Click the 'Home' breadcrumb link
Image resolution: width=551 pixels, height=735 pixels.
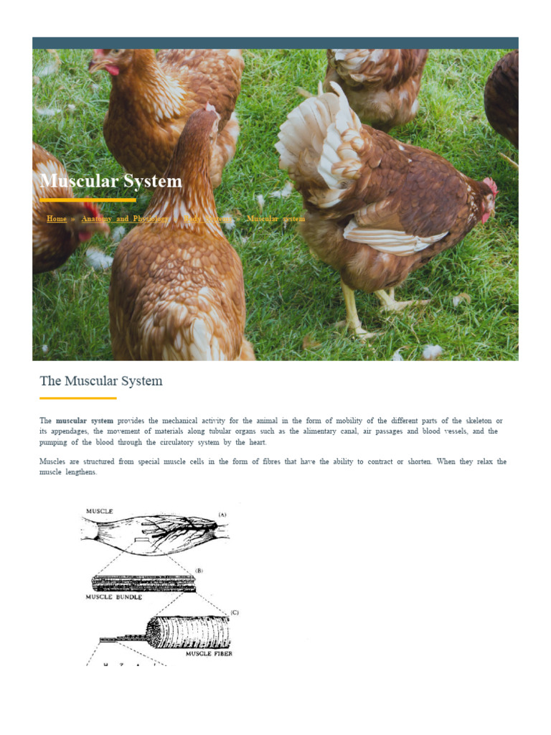pyautogui.click(x=57, y=218)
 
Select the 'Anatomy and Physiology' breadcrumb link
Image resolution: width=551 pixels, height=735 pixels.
pyautogui.click(x=126, y=218)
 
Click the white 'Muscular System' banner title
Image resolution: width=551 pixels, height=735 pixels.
pyautogui.click(x=111, y=181)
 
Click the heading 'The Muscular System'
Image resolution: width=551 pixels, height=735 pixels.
pyautogui.click(x=101, y=380)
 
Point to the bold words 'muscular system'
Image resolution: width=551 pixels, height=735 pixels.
pyautogui.click(x=85, y=420)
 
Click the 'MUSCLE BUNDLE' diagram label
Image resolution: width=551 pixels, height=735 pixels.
pyautogui.click(x=114, y=596)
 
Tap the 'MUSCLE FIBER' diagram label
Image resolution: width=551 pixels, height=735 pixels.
pyautogui.click(x=209, y=653)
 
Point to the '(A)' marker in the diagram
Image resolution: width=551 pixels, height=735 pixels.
pyautogui.click(x=222, y=515)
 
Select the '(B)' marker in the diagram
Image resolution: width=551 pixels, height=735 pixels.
pyautogui.click(x=199, y=570)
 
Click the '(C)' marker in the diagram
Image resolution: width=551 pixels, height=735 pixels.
pyautogui.click(x=234, y=612)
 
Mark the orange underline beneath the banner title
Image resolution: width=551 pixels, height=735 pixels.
pyautogui.click(x=88, y=200)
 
